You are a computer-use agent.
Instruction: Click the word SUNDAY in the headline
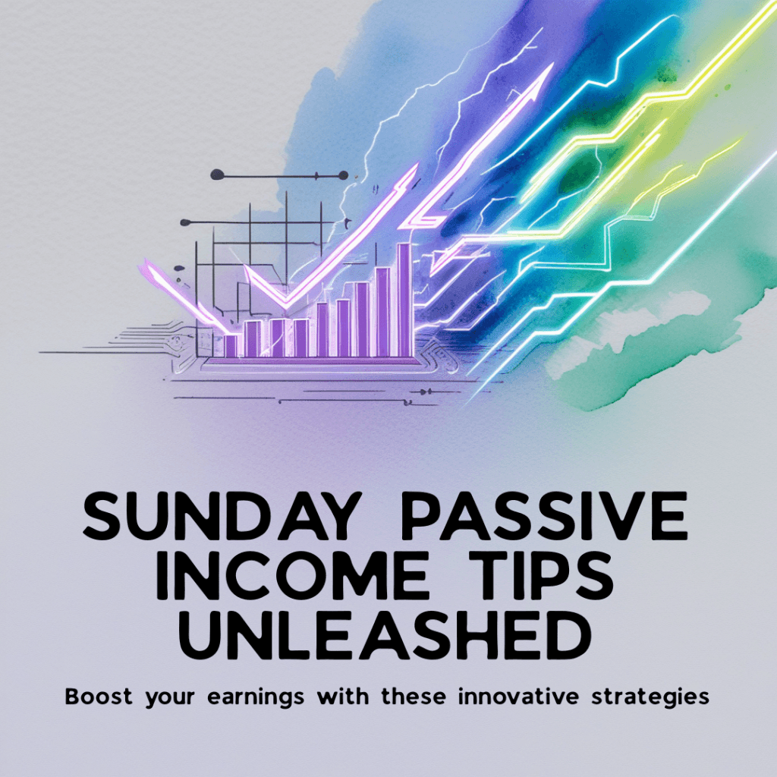pyautogui.click(x=219, y=516)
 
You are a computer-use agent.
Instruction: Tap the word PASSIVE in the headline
pyautogui.click(x=544, y=516)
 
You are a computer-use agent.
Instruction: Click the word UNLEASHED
pyautogui.click(x=385, y=635)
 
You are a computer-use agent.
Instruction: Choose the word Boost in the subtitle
pyautogui.click(x=99, y=697)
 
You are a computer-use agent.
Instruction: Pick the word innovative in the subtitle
pyautogui.click(x=518, y=697)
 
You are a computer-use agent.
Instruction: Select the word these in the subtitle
pyautogui.click(x=414, y=697)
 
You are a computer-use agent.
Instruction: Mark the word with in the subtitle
pyautogui.click(x=343, y=697)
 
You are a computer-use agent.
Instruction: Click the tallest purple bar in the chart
pyautogui.click(x=404, y=299)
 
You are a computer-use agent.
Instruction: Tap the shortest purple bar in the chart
pyautogui.click(x=231, y=346)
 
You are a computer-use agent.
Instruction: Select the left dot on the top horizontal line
pyautogui.click(x=217, y=175)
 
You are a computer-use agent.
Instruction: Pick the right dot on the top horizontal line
pyautogui.click(x=342, y=175)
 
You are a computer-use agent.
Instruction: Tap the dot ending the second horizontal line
pyautogui.click(x=185, y=222)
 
